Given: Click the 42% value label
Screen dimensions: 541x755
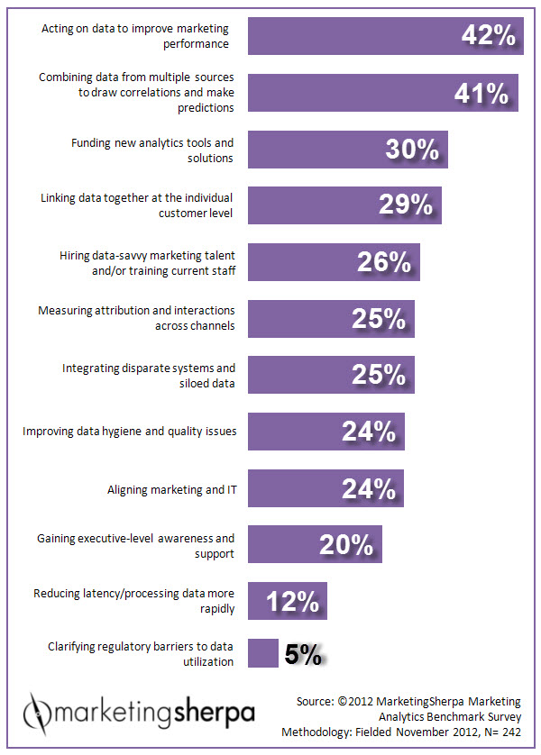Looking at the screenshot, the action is pyautogui.click(x=489, y=36).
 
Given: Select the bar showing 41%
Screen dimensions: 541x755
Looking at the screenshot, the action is pyautogui.click(x=383, y=93).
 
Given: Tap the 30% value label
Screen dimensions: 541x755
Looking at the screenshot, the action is pyautogui.click(x=412, y=150).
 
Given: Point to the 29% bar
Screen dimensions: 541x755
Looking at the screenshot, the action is pyautogui.click(x=344, y=205).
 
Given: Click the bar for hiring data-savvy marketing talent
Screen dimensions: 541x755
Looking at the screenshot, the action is pyautogui.click(x=334, y=262).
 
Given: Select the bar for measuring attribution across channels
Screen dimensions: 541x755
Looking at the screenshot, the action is pyautogui.click(x=331, y=319).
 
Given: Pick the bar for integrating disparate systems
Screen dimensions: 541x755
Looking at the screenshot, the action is pyautogui.click(x=331, y=375).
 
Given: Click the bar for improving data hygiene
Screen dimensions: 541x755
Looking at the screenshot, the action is pyautogui.click(x=326, y=432).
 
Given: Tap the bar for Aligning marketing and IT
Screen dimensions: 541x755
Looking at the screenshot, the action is pyautogui.click(x=326, y=488).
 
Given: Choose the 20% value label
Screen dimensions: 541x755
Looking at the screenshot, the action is pyautogui.click(x=346, y=545).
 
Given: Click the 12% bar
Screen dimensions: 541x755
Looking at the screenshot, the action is pyautogui.click(x=288, y=601).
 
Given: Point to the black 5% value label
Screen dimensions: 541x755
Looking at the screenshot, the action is pyautogui.click(x=303, y=654).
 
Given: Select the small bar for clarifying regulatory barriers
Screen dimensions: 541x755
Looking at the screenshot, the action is pyautogui.click(x=263, y=653).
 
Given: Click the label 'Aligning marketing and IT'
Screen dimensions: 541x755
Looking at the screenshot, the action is pyautogui.click(x=172, y=490).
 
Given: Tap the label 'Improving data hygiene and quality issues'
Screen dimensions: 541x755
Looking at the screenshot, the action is pyautogui.click(x=130, y=432).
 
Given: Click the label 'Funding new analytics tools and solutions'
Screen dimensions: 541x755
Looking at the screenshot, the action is pyautogui.click(x=152, y=150).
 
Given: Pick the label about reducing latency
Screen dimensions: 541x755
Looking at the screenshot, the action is pyautogui.click(x=134, y=601).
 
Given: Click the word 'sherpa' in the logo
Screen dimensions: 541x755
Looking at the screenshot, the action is pyautogui.click(x=214, y=714).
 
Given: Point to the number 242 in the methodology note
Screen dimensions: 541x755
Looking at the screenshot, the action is pyautogui.click(x=509, y=732).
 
